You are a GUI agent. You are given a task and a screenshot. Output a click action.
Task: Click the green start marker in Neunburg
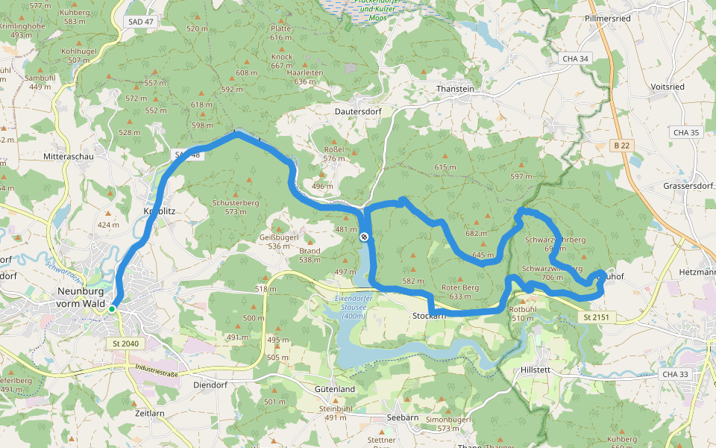tap(111, 308)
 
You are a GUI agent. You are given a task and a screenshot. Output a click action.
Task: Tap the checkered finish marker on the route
tap(364, 237)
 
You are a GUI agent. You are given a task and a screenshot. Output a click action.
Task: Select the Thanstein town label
tap(455, 88)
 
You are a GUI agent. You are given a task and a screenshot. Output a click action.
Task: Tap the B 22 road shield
tap(619, 145)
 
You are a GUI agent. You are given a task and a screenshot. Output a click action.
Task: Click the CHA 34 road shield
tap(574, 58)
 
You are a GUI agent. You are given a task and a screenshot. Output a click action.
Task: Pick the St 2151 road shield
tap(592, 318)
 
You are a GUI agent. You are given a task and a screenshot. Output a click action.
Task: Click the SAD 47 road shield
tap(140, 22)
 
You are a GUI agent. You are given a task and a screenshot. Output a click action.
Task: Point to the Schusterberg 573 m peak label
tap(235, 207)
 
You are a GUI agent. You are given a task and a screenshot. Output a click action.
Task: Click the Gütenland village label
tap(334, 390)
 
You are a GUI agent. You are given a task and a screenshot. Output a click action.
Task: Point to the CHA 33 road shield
tap(674, 374)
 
